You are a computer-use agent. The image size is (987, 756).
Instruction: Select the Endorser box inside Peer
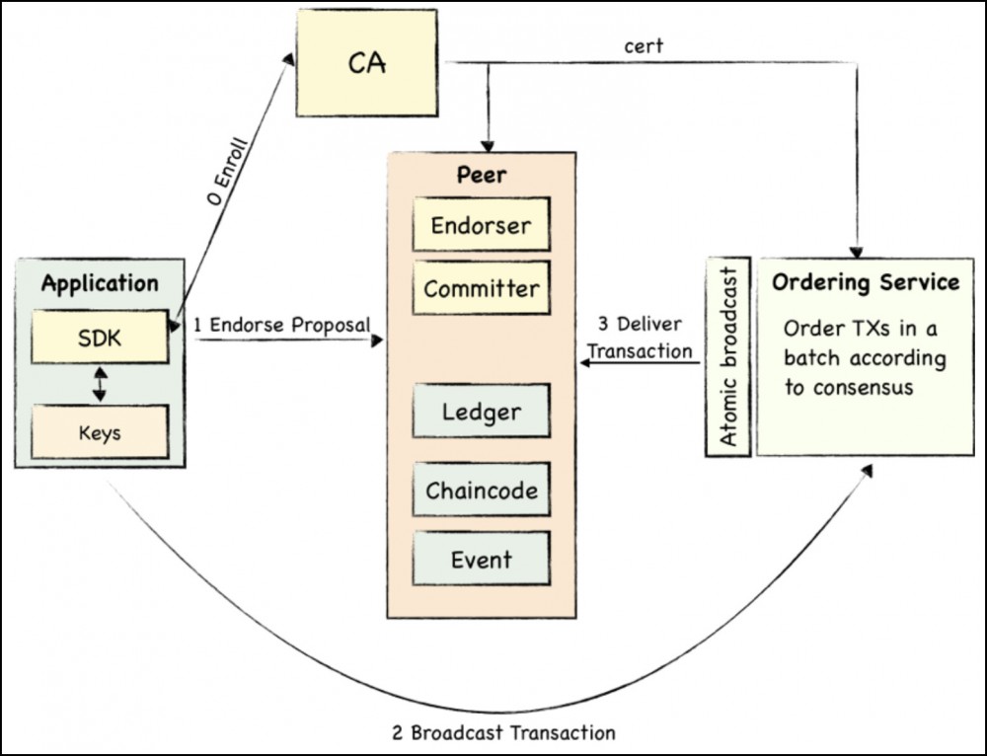[481, 225]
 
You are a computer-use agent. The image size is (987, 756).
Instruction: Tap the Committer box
[481, 288]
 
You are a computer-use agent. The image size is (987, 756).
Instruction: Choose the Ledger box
[481, 410]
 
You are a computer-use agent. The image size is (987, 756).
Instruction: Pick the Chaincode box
[481, 489]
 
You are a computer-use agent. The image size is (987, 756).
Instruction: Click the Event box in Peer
[481, 560]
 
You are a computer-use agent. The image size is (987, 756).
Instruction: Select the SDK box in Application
[99, 339]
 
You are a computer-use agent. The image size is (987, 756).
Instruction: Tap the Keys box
[99, 432]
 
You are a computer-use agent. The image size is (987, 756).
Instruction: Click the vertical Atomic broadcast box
[729, 357]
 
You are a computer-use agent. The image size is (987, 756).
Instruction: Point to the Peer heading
[481, 176]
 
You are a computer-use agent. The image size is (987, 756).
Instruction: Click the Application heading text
[99, 284]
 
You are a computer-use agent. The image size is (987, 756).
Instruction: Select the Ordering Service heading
[865, 283]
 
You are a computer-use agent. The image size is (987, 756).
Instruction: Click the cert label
[643, 46]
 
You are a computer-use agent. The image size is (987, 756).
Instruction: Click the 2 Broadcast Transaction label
[503, 732]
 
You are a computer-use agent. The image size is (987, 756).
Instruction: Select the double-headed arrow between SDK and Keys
[99, 385]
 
